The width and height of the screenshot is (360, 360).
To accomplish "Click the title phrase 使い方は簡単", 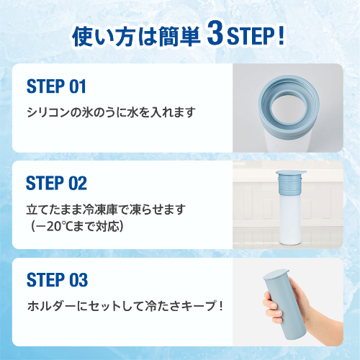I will click(136, 37).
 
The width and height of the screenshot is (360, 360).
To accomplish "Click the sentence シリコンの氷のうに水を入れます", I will click(110, 113).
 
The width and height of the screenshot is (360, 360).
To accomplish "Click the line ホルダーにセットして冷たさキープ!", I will click(125, 305).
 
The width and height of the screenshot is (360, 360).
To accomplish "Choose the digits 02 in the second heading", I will click(77, 183).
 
